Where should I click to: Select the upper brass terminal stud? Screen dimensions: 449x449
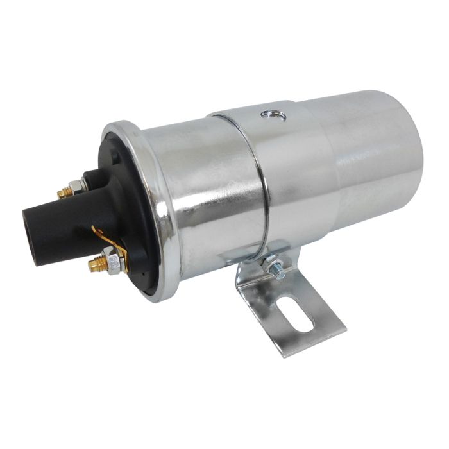(64, 192)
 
